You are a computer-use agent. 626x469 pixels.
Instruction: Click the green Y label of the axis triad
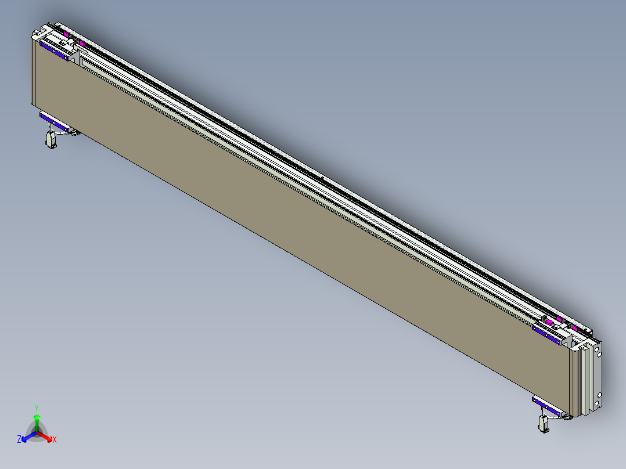(x=37, y=408)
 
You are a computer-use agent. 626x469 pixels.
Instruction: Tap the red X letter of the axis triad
(x=55, y=440)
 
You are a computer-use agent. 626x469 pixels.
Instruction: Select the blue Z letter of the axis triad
(x=19, y=440)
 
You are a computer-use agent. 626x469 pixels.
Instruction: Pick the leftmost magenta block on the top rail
(x=66, y=35)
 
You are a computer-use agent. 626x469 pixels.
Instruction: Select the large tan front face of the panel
(x=290, y=232)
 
